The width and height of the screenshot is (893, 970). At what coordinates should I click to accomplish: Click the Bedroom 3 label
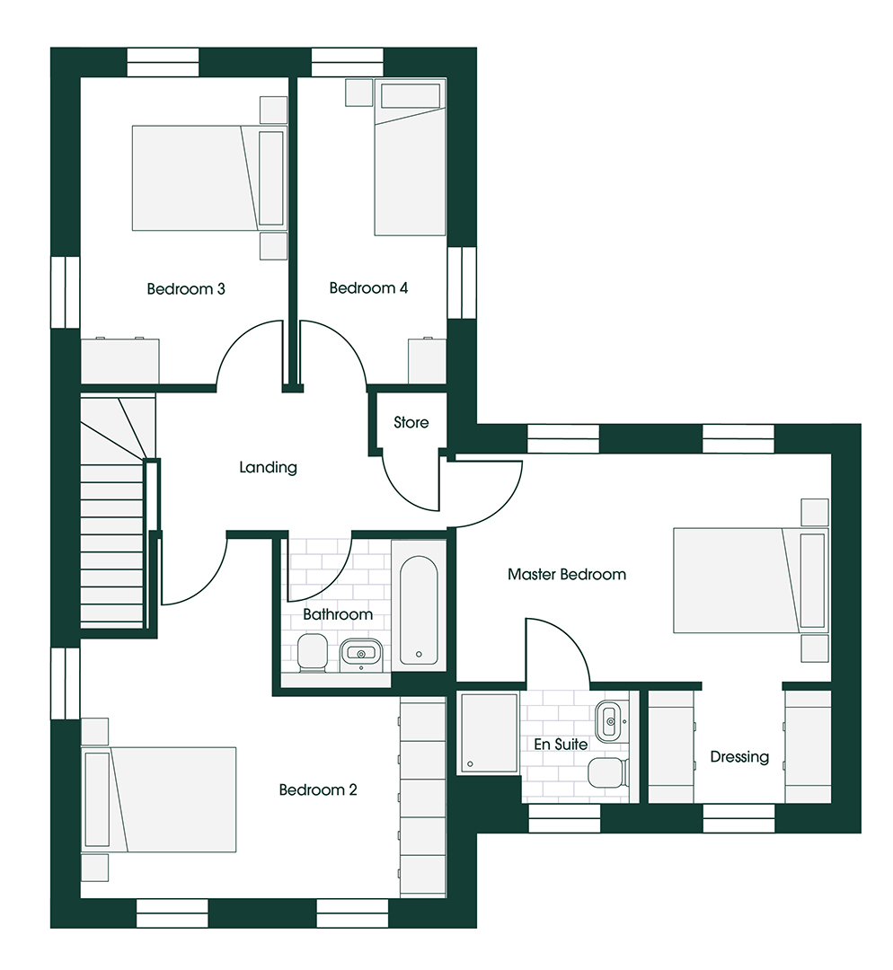(x=186, y=289)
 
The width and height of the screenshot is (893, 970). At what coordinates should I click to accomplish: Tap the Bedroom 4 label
(x=368, y=287)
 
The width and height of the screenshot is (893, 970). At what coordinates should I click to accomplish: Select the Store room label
(x=411, y=422)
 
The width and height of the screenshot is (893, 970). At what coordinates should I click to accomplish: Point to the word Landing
(x=268, y=468)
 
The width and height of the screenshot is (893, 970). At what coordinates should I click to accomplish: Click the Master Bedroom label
(x=567, y=575)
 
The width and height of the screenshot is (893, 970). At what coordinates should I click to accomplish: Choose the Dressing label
(x=739, y=757)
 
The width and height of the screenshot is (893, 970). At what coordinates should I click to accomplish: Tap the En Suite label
(x=561, y=745)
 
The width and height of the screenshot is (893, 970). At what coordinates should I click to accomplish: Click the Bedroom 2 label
(x=318, y=790)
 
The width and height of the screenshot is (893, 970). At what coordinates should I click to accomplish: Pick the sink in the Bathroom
(x=361, y=653)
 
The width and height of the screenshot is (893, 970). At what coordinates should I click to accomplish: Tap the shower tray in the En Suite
(x=488, y=734)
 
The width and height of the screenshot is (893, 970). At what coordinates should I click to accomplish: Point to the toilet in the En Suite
(x=607, y=772)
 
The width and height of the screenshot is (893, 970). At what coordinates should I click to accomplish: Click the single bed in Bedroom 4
(x=411, y=158)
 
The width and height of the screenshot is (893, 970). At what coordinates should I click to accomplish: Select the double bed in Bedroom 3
(x=210, y=178)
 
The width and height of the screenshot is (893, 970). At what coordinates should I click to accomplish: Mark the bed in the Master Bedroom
(x=751, y=580)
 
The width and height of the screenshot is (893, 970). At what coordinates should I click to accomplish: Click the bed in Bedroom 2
(x=159, y=799)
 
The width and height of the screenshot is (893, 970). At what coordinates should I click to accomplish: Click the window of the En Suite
(x=564, y=818)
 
